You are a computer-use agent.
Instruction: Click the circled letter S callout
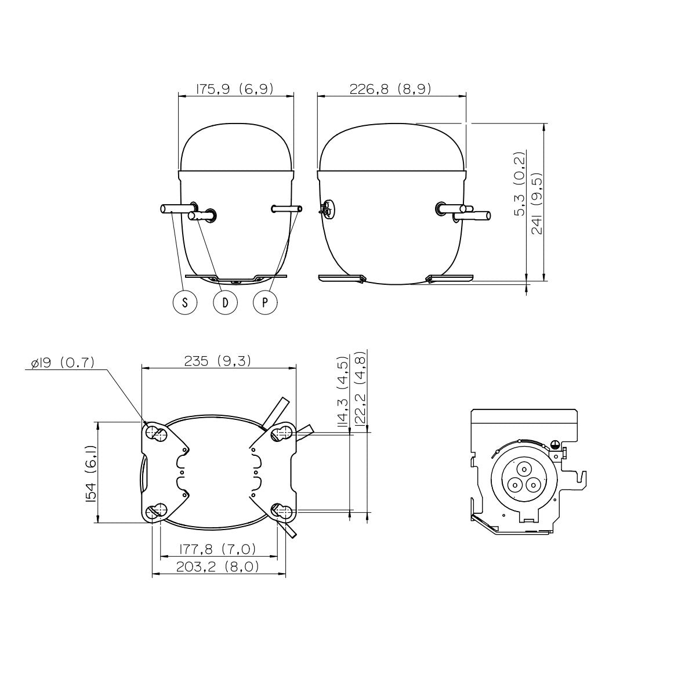(x=185, y=302)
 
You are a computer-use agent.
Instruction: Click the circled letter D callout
(x=225, y=302)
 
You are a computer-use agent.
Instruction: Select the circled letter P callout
(x=265, y=302)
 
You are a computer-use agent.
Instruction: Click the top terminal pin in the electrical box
(x=523, y=470)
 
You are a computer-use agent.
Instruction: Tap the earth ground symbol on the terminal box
(x=554, y=444)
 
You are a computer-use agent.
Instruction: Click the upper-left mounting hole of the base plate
(x=157, y=432)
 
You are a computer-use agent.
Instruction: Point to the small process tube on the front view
(x=287, y=209)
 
